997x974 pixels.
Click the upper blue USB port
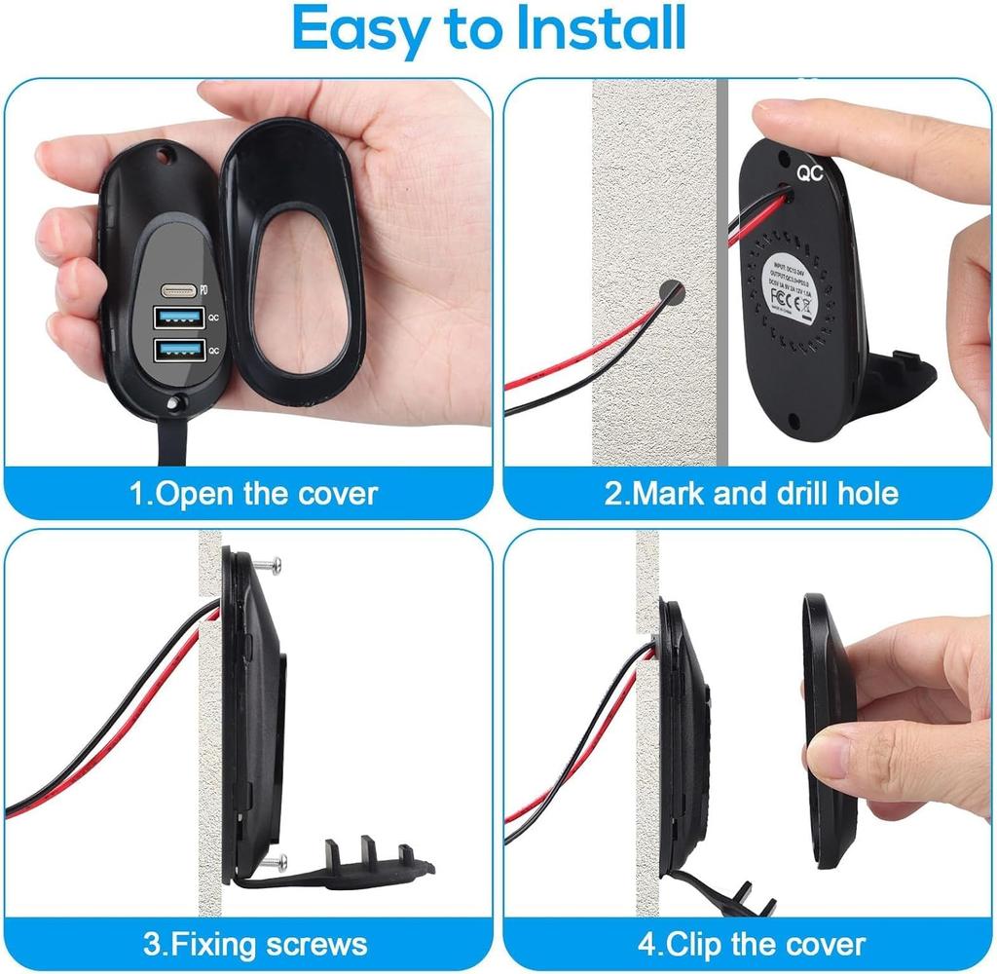pos(177,317)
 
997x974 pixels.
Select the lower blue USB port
pos(177,348)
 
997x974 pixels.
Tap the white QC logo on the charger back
pos(810,174)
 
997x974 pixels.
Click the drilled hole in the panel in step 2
pos(670,291)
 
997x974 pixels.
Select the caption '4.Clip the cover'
pos(751,943)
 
